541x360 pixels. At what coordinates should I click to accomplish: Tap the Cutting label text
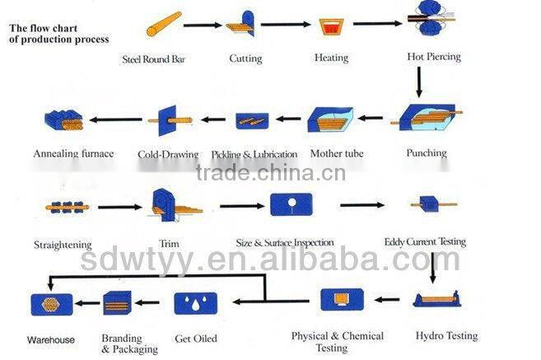coord(245,58)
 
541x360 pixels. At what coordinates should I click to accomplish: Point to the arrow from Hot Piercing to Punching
coord(419,82)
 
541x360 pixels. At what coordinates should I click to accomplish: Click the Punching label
coord(426,152)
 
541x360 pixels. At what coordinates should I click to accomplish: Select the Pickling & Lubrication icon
coord(251,121)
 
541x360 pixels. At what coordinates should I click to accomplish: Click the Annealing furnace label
coord(73,153)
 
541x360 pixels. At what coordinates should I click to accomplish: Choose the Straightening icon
coord(66,207)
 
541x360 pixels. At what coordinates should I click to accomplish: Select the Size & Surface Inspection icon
coord(291,204)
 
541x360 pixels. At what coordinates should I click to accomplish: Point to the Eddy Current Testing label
coord(425,242)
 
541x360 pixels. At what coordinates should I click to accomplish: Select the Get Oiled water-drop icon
coord(196,303)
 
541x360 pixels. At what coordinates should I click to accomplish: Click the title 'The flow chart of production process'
coord(58,33)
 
